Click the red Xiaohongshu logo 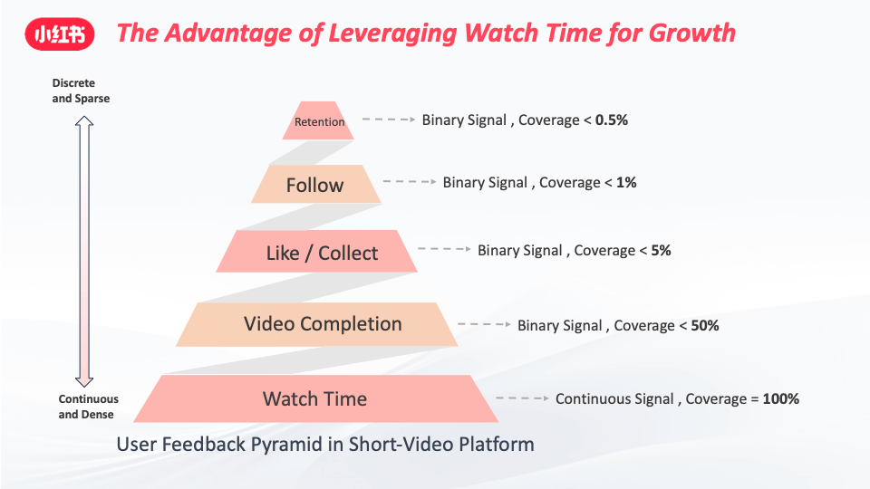click(60, 34)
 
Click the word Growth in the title click(691, 34)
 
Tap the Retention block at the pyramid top click(318, 120)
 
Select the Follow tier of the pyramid click(315, 184)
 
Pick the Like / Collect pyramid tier click(317, 251)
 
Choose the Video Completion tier click(317, 324)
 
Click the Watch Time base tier click(315, 398)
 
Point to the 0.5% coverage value click(612, 120)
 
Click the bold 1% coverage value click(626, 182)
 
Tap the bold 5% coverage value click(661, 250)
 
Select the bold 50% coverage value click(705, 325)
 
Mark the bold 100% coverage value click(780, 398)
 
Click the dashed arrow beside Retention click(389, 120)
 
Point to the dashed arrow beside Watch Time click(522, 398)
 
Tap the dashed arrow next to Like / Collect click(444, 249)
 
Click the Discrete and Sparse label click(81, 91)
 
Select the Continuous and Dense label click(88, 407)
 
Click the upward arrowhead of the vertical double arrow click(84, 120)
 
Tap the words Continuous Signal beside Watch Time click(614, 398)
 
